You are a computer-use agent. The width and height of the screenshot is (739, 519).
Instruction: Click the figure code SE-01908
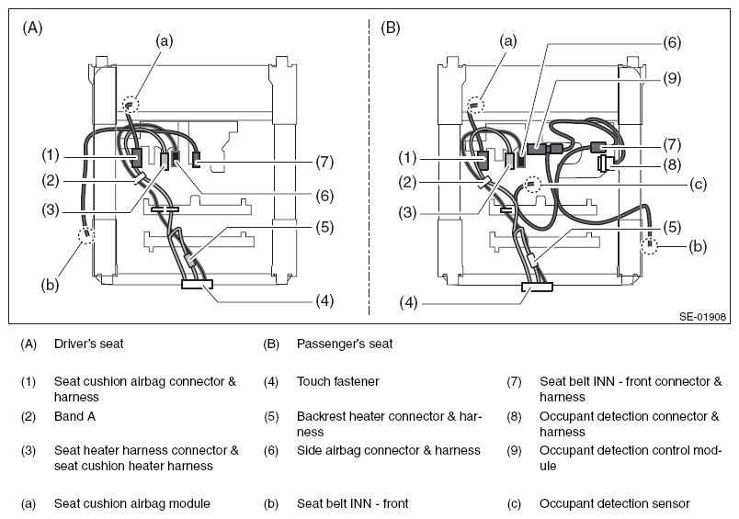coord(702,317)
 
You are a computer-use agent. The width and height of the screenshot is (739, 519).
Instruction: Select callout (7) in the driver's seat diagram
coord(324,162)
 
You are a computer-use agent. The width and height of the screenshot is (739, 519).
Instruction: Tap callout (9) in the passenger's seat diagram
coord(672,78)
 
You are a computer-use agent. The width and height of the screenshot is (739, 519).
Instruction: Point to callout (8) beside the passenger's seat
coord(672,164)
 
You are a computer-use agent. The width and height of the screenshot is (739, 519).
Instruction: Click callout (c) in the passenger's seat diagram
coord(698,185)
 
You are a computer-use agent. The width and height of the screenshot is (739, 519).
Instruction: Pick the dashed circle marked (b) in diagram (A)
coord(86,234)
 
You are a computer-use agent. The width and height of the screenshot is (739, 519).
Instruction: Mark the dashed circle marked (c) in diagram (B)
coord(531,184)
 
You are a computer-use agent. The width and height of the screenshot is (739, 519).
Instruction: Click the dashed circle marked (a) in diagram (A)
coord(131,104)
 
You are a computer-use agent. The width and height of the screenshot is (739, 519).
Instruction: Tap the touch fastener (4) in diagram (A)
coord(197,284)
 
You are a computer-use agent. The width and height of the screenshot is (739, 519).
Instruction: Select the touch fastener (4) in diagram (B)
coord(537,287)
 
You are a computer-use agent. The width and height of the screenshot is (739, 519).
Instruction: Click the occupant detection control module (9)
coord(537,149)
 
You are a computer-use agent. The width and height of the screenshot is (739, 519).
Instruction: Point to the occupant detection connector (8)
coord(604,164)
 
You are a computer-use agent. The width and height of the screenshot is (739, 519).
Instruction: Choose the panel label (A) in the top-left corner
coord(32,28)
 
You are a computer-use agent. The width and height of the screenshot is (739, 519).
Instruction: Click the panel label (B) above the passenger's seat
coord(391,28)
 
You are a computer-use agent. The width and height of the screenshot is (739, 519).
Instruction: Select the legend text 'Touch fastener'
coord(338,381)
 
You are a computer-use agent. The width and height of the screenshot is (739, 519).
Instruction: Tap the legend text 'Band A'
coord(75,416)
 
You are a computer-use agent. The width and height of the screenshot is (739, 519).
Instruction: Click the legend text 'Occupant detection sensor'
coord(615,504)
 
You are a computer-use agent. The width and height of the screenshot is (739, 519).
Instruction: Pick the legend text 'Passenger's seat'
coord(345,344)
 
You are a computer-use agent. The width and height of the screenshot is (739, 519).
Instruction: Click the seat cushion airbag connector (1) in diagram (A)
coord(136,158)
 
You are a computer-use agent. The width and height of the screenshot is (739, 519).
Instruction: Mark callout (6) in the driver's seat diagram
coord(324,196)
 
